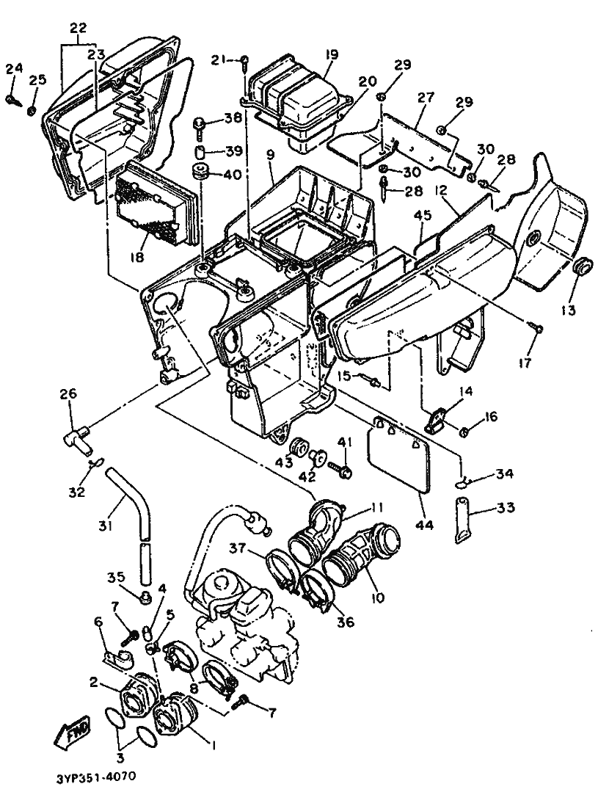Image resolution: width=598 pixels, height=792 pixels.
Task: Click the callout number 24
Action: pyautogui.click(x=15, y=69)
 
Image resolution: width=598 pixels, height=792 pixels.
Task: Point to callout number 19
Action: pyautogui.click(x=332, y=54)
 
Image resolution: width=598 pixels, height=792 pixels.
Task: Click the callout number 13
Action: pyautogui.click(x=568, y=310)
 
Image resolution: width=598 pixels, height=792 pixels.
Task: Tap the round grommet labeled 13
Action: pyautogui.click(x=584, y=265)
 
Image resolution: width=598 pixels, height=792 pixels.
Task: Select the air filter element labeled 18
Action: pyautogui.click(x=155, y=203)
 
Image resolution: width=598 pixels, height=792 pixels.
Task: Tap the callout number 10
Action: pyautogui.click(x=378, y=597)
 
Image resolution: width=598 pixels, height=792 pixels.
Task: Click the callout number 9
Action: pyautogui.click(x=271, y=155)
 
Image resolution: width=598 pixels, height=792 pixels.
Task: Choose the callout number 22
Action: pyautogui.click(x=79, y=26)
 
